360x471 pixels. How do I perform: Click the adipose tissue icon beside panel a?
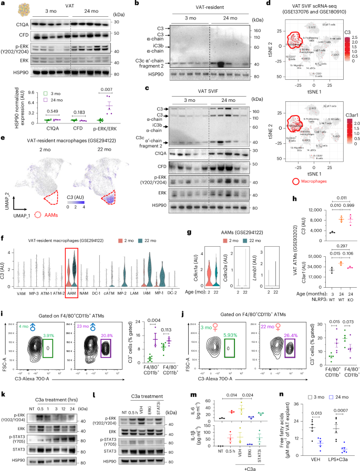(23, 9)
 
